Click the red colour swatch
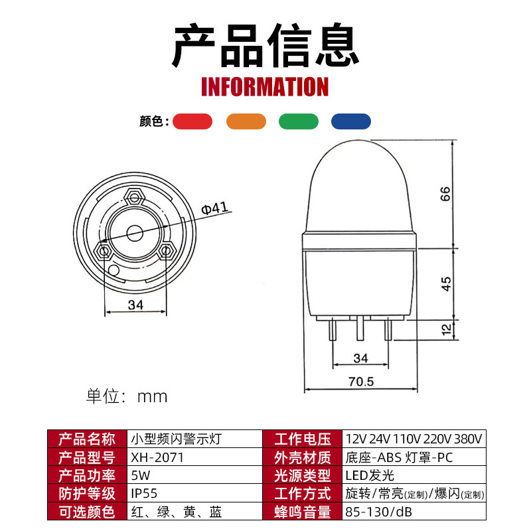click(x=192, y=121)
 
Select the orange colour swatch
click(x=246, y=121)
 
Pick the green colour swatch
click(x=299, y=121)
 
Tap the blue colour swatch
click(x=351, y=121)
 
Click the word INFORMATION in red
click(x=265, y=87)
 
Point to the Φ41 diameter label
click(x=214, y=208)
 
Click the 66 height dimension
click(x=446, y=194)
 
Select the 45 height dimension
click(x=446, y=283)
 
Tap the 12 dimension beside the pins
click(x=446, y=327)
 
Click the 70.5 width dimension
click(x=361, y=382)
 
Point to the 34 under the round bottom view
click(x=135, y=305)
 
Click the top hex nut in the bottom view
click(x=135, y=197)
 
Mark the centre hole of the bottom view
click(x=135, y=233)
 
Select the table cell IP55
click(x=144, y=494)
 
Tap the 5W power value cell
click(x=141, y=475)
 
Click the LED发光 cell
click(x=370, y=475)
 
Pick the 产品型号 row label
click(x=87, y=457)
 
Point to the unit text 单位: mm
click(x=126, y=397)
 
